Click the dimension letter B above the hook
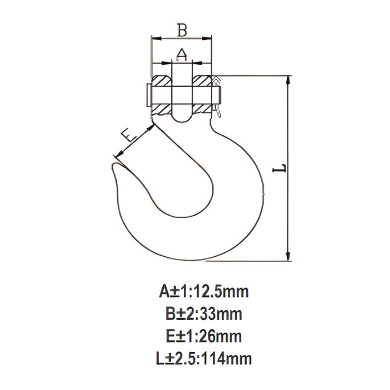click(182, 30)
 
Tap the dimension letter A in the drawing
click(182, 54)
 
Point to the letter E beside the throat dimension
click(129, 135)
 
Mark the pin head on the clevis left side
click(147, 95)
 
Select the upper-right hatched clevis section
click(202, 81)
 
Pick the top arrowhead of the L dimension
click(288, 79)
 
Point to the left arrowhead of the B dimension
click(154, 38)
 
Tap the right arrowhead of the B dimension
click(209, 38)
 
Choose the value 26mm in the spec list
click(217, 336)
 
